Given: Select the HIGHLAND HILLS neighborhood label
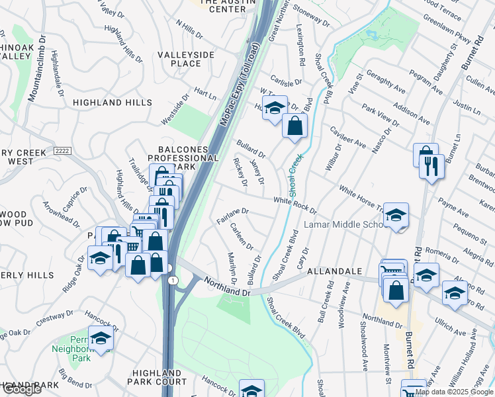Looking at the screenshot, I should coord(107,103).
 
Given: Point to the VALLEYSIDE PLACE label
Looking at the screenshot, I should coord(176,59).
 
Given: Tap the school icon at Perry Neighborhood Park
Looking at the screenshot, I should coord(101,339).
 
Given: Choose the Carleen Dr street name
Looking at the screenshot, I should coord(242,236).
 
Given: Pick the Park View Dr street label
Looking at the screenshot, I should coord(379,113).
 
